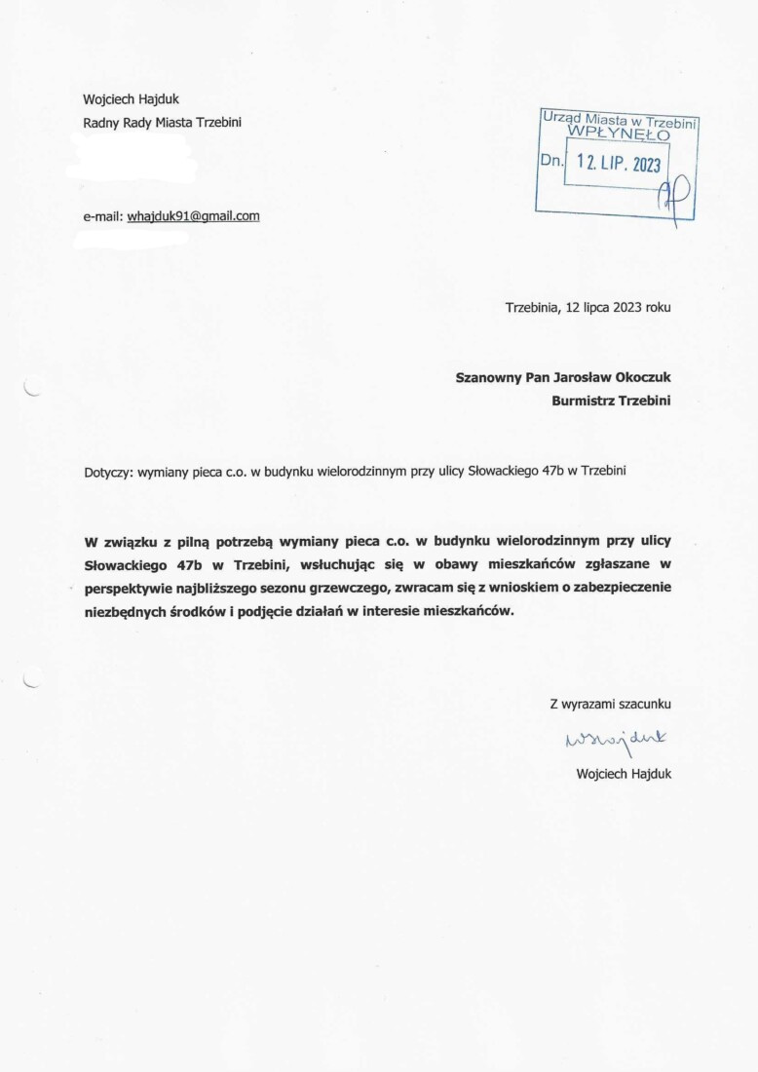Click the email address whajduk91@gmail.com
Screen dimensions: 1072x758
click(193, 215)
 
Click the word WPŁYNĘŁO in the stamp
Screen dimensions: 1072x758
click(619, 134)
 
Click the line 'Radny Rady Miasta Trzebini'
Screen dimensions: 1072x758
click(163, 122)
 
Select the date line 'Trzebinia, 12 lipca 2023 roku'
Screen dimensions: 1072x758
click(588, 307)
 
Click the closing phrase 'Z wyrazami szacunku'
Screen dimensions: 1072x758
click(611, 703)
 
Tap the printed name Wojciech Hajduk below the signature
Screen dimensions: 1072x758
click(624, 774)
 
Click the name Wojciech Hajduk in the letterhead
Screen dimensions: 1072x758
click(131, 98)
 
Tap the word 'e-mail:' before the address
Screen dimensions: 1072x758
click(103, 215)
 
